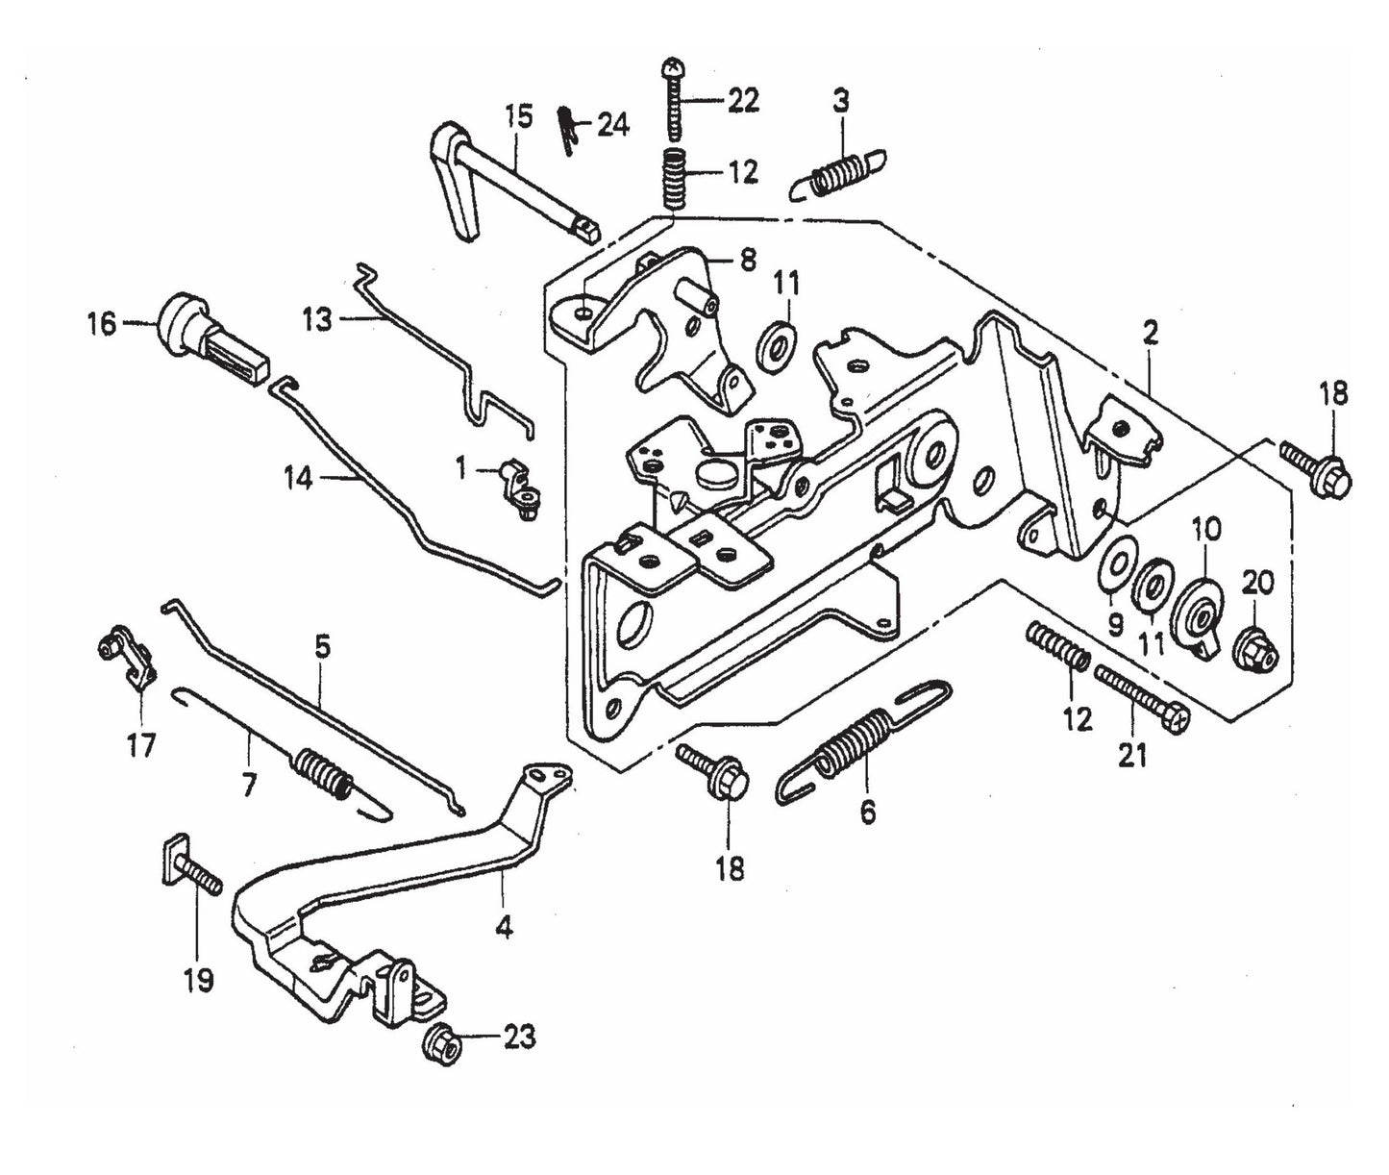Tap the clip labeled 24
pos(569,129)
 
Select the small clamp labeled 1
pos(520,483)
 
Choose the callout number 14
pos(298,478)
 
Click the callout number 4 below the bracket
pos(504,929)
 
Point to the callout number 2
pos(1151,334)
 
